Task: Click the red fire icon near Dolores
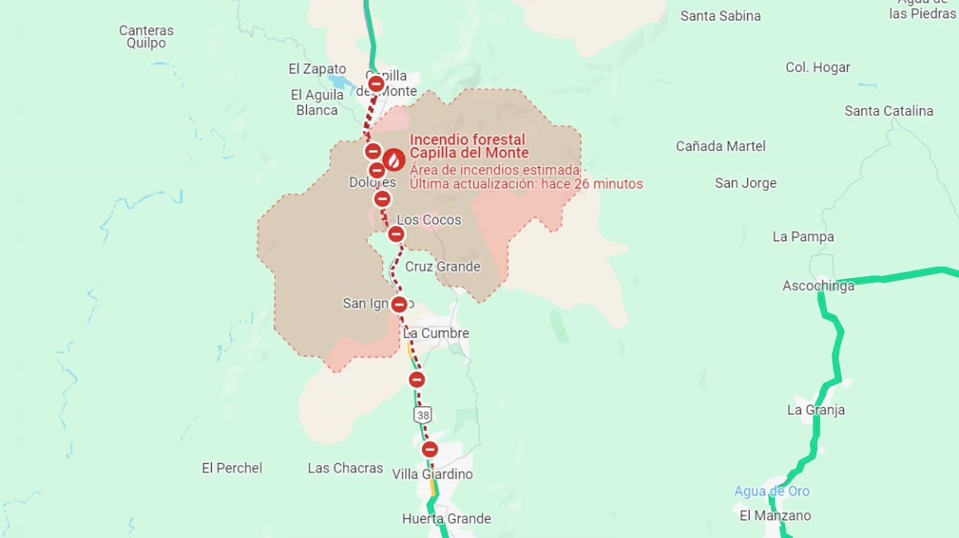pyautogui.click(x=393, y=160)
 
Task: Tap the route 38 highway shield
pyautogui.click(x=423, y=414)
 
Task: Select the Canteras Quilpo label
pyautogui.click(x=146, y=37)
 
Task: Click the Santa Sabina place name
pyautogui.click(x=720, y=16)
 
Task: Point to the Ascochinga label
pyautogui.click(x=818, y=286)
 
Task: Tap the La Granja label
pyautogui.click(x=815, y=410)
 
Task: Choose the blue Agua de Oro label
pyautogui.click(x=771, y=491)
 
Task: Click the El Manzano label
pyautogui.click(x=774, y=516)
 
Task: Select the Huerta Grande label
pyautogui.click(x=446, y=519)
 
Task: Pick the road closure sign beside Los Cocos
pyautogui.click(x=396, y=234)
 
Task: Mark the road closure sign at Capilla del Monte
pyautogui.click(x=376, y=83)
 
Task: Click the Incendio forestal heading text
pyautogui.click(x=468, y=140)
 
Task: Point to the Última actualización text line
pyautogui.click(x=526, y=184)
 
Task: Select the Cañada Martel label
pyautogui.click(x=720, y=146)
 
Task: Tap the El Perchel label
pyautogui.click(x=232, y=468)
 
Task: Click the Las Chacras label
pyautogui.click(x=345, y=468)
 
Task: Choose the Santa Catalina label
pyautogui.click(x=889, y=111)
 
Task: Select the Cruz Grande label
pyautogui.click(x=443, y=266)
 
